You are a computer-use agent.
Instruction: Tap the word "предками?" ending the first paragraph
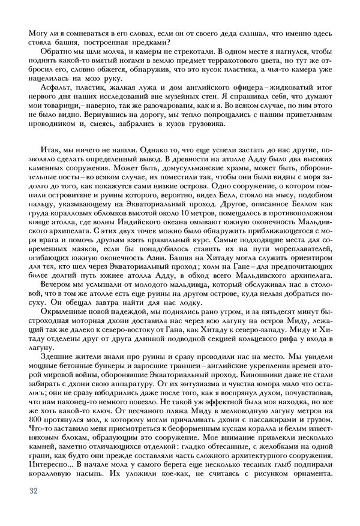point(150,41)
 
